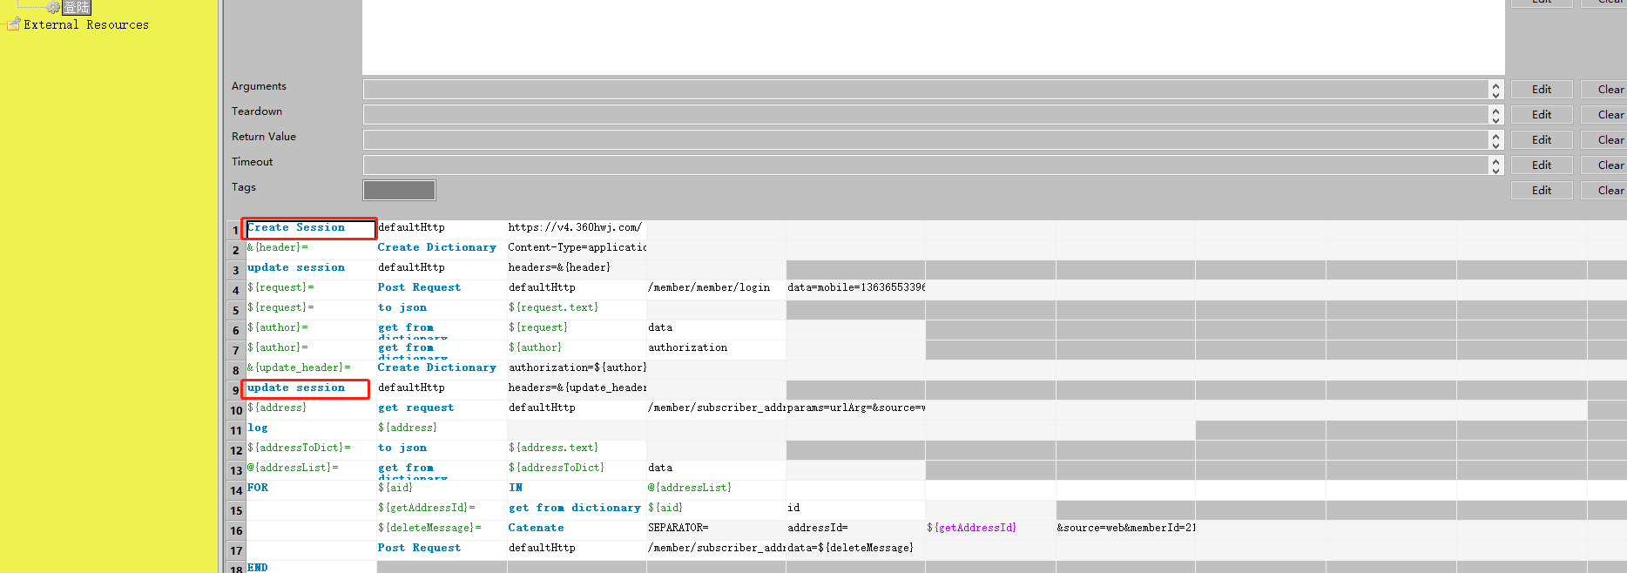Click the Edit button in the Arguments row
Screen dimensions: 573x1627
coord(1541,90)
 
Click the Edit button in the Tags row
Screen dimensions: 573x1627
coord(1541,191)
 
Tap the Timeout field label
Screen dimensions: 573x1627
coord(253,162)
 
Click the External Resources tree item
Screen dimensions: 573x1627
coord(85,25)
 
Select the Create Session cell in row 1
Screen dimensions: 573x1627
coord(297,228)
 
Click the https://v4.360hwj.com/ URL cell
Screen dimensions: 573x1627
coord(575,228)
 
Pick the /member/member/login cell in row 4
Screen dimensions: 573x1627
coord(709,288)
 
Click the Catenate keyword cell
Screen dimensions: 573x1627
coord(536,529)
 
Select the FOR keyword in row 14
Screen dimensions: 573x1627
coord(258,489)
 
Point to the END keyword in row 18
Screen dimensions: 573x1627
coord(258,568)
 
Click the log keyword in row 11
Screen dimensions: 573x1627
coord(258,428)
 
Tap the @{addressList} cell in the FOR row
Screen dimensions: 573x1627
coord(690,489)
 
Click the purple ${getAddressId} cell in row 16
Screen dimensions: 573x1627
coord(971,529)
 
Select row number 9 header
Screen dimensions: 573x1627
coord(235,390)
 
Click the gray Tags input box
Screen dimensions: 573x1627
coord(399,190)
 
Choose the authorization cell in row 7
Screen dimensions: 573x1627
coord(687,348)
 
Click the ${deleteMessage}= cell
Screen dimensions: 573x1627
coord(429,529)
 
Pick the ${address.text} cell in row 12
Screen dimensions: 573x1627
coord(553,448)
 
